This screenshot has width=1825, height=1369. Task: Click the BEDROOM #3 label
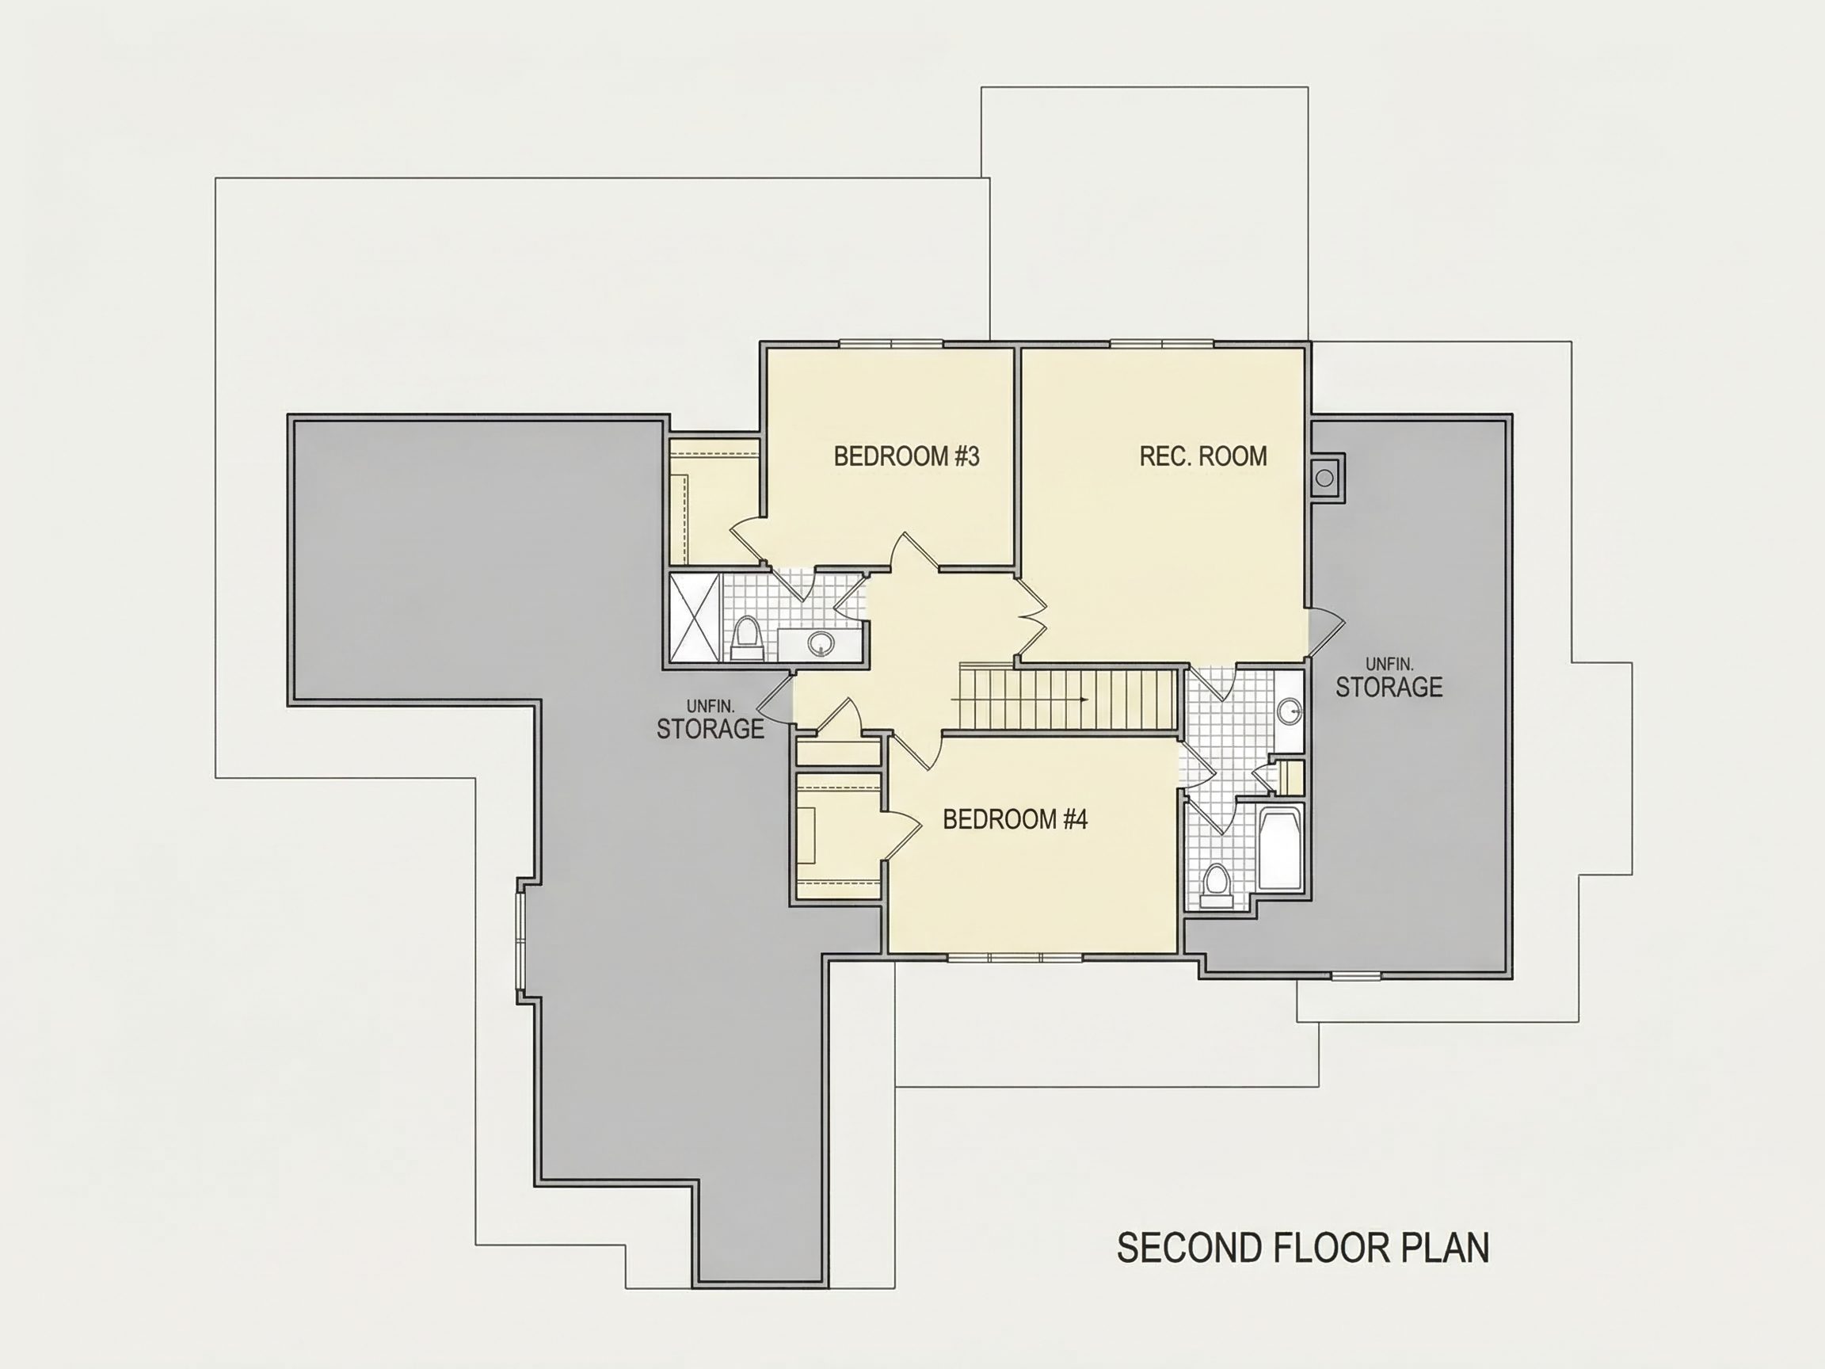click(906, 456)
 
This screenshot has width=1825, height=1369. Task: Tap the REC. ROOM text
click(1203, 456)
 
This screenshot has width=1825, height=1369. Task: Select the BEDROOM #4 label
click(1015, 819)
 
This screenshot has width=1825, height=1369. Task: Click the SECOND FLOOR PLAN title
click(1303, 1248)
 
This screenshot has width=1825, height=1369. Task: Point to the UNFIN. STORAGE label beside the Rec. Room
click(1389, 678)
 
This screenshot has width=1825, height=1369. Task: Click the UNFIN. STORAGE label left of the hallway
click(711, 720)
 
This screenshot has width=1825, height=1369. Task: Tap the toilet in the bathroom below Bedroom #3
click(747, 638)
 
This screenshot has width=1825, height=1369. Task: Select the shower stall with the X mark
click(695, 617)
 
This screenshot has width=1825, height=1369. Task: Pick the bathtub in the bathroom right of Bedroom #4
click(1280, 848)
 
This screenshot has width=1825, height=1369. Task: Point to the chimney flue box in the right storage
click(1325, 477)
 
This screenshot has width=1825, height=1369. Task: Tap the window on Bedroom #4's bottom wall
click(1014, 957)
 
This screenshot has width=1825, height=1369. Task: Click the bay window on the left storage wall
click(521, 941)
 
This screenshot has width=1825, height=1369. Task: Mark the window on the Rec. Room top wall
click(1162, 343)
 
